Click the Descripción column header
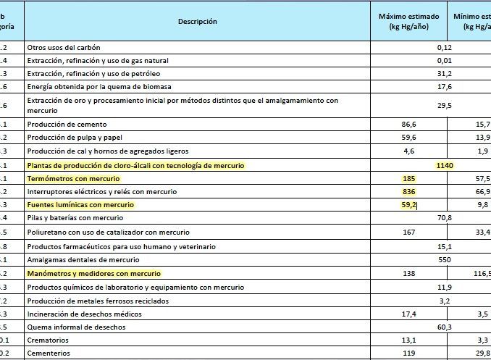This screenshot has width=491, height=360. point(197,22)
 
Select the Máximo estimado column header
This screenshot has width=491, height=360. point(410,21)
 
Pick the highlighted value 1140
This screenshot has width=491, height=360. point(445,166)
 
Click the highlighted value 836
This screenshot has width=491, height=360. point(409,192)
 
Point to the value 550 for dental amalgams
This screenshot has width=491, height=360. point(445,259)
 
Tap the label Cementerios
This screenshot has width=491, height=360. point(47,353)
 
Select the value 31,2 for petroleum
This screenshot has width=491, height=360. point(445,74)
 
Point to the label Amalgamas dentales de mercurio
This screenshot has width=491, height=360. point(78,259)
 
